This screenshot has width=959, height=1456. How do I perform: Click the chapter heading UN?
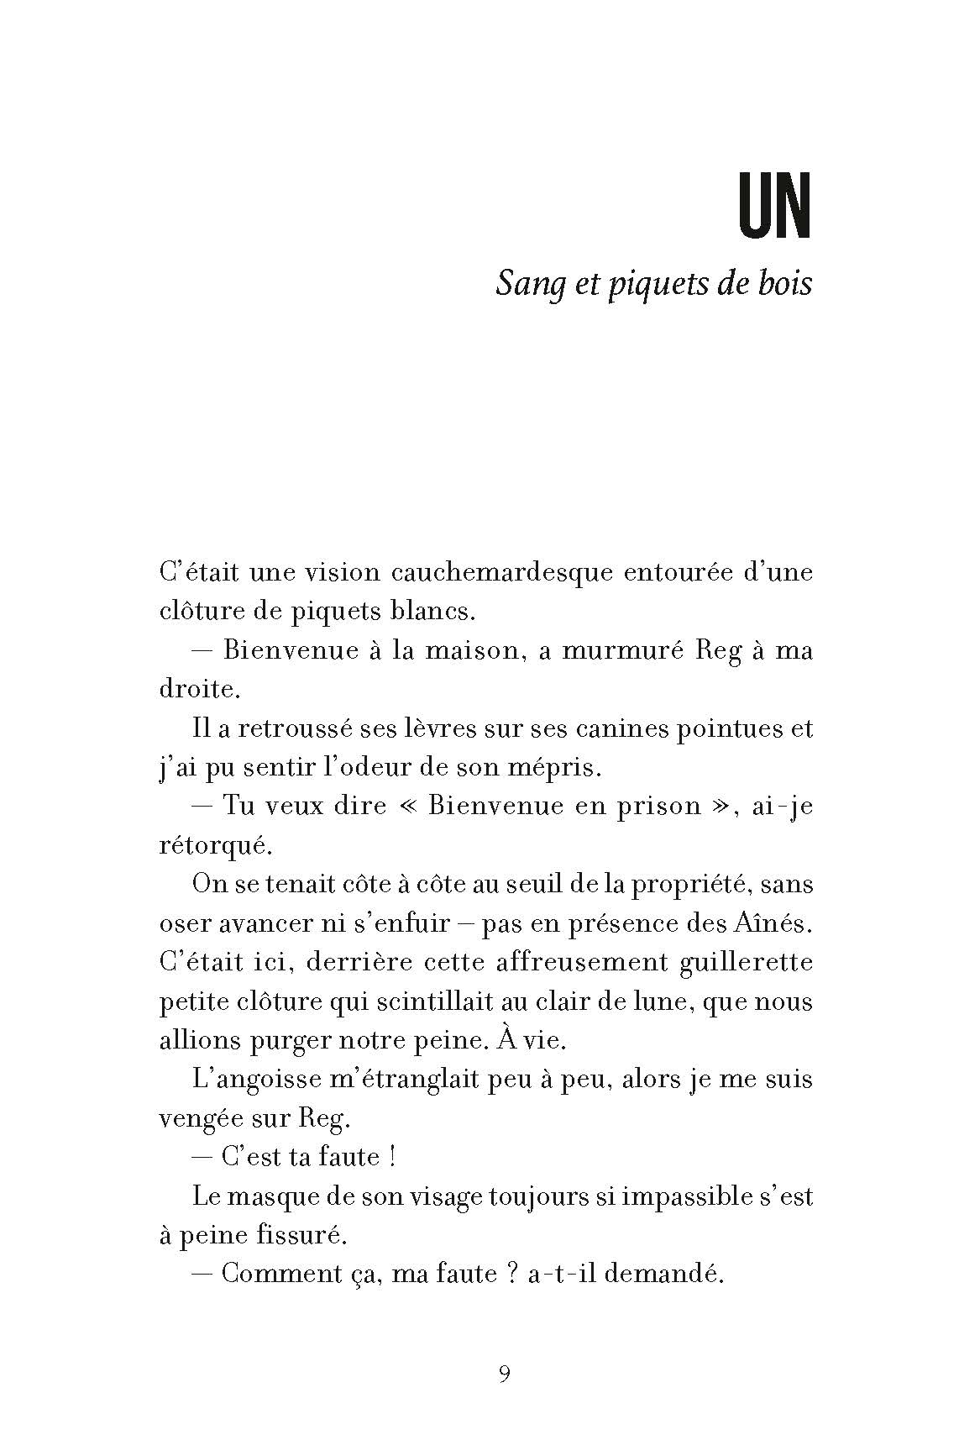[774, 206]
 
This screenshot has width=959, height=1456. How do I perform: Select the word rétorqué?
[214, 845]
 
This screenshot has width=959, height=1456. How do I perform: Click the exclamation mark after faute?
[392, 1157]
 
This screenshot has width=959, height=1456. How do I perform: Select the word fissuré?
[296, 1235]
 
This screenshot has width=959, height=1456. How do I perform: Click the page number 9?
[504, 1374]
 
